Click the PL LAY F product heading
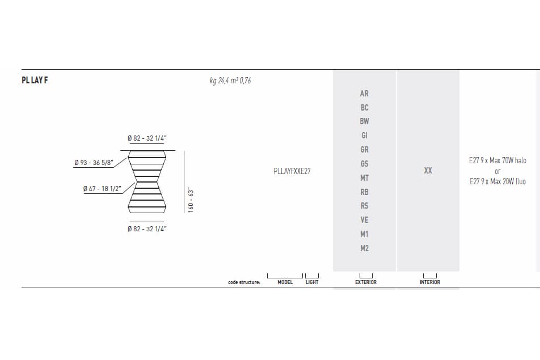click(35, 80)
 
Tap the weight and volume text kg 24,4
click(230, 81)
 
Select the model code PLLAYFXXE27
click(292, 171)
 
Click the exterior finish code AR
click(364, 94)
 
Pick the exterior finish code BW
click(364, 121)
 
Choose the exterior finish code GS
click(364, 164)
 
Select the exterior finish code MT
click(364, 178)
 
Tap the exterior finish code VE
click(364, 220)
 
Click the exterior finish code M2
click(364, 248)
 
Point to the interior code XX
click(428, 171)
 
